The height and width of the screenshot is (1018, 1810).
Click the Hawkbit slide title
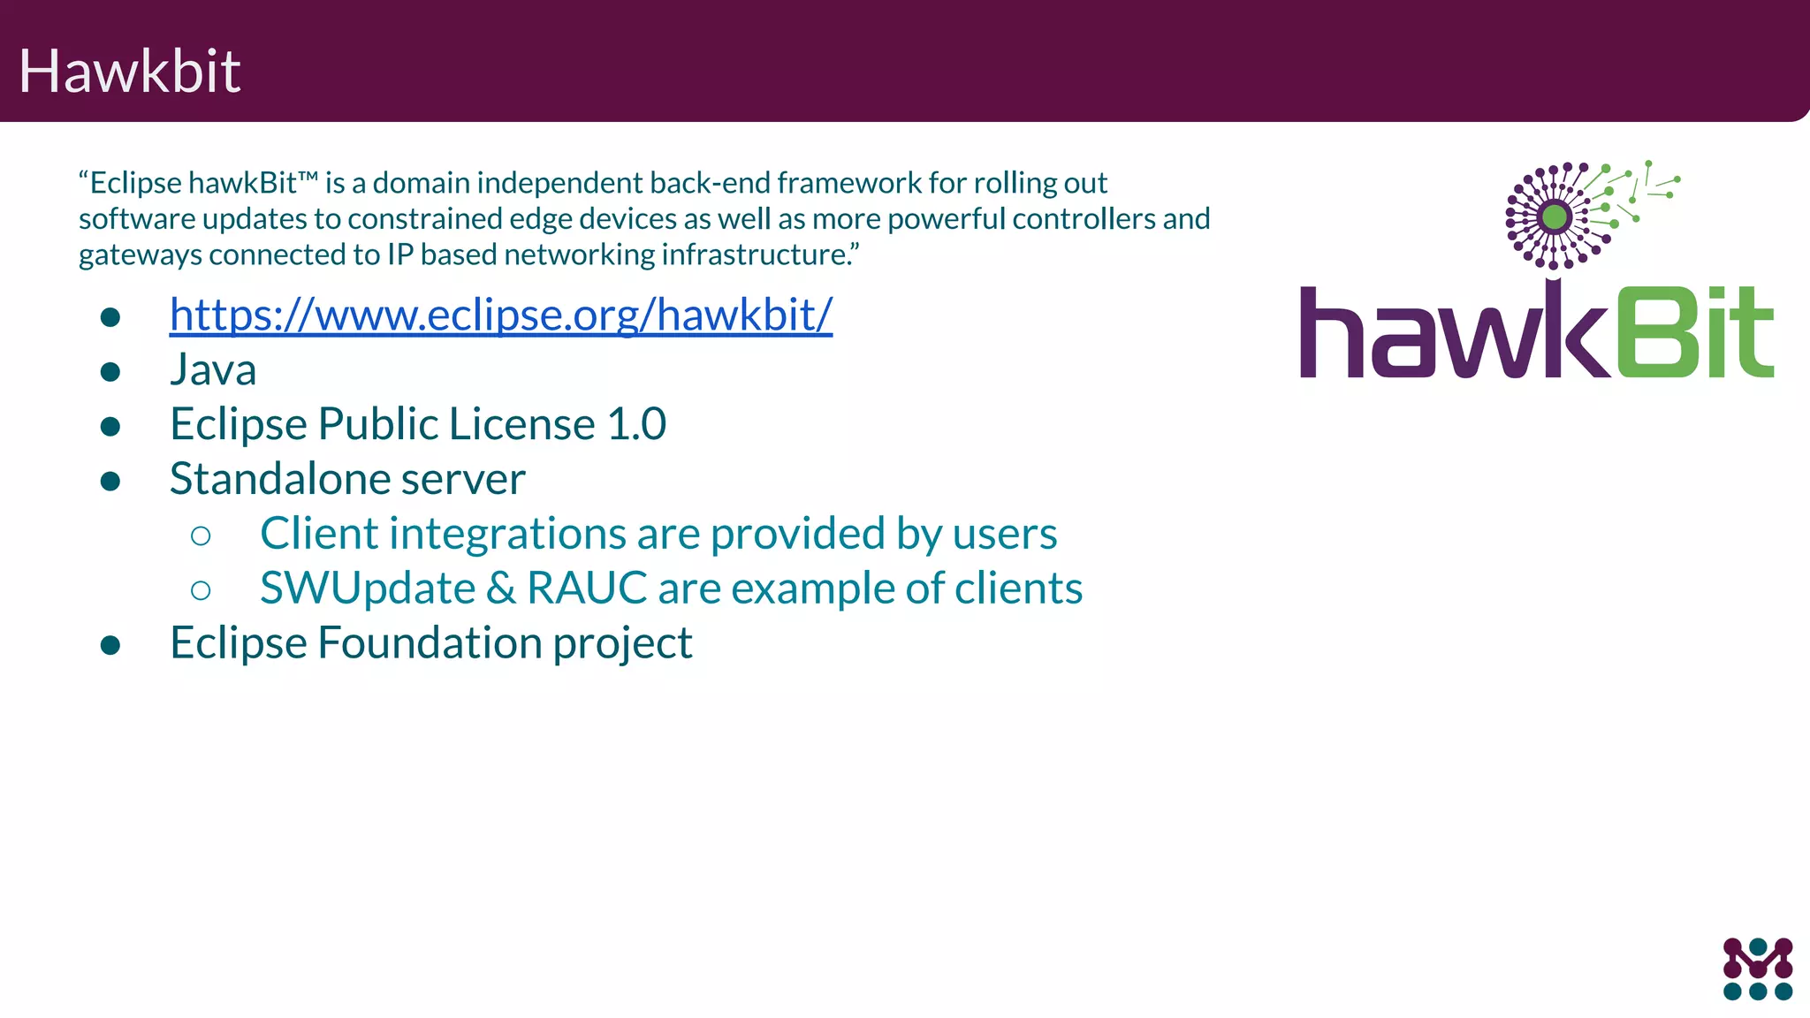(x=129, y=71)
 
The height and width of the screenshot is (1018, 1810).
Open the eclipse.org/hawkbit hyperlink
(x=500, y=315)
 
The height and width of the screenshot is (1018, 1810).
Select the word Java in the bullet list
(x=213, y=369)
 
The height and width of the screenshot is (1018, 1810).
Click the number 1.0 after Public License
(x=636, y=424)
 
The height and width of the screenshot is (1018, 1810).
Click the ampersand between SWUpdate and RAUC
(x=500, y=589)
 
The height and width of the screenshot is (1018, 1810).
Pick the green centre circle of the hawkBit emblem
(x=1555, y=217)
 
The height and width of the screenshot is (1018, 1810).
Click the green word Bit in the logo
(x=1695, y=332)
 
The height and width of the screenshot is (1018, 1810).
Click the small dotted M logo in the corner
(x=1757, y=969)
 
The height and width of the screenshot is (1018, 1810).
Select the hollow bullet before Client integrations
(x=201, y=536)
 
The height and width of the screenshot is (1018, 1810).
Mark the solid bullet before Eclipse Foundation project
(x=110, y=645)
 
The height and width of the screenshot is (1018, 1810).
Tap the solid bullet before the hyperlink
(x=110, y=316)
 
